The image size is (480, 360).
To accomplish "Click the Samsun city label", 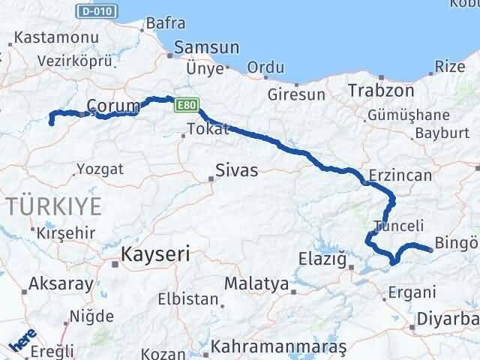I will point(206,47).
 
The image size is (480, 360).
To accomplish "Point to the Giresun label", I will point(298,95).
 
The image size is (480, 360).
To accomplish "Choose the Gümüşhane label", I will point(409,115).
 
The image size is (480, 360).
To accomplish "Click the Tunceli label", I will point(398,225).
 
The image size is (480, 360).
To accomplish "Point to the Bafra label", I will point(166,23).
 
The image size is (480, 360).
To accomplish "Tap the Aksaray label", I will point(61,284).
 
